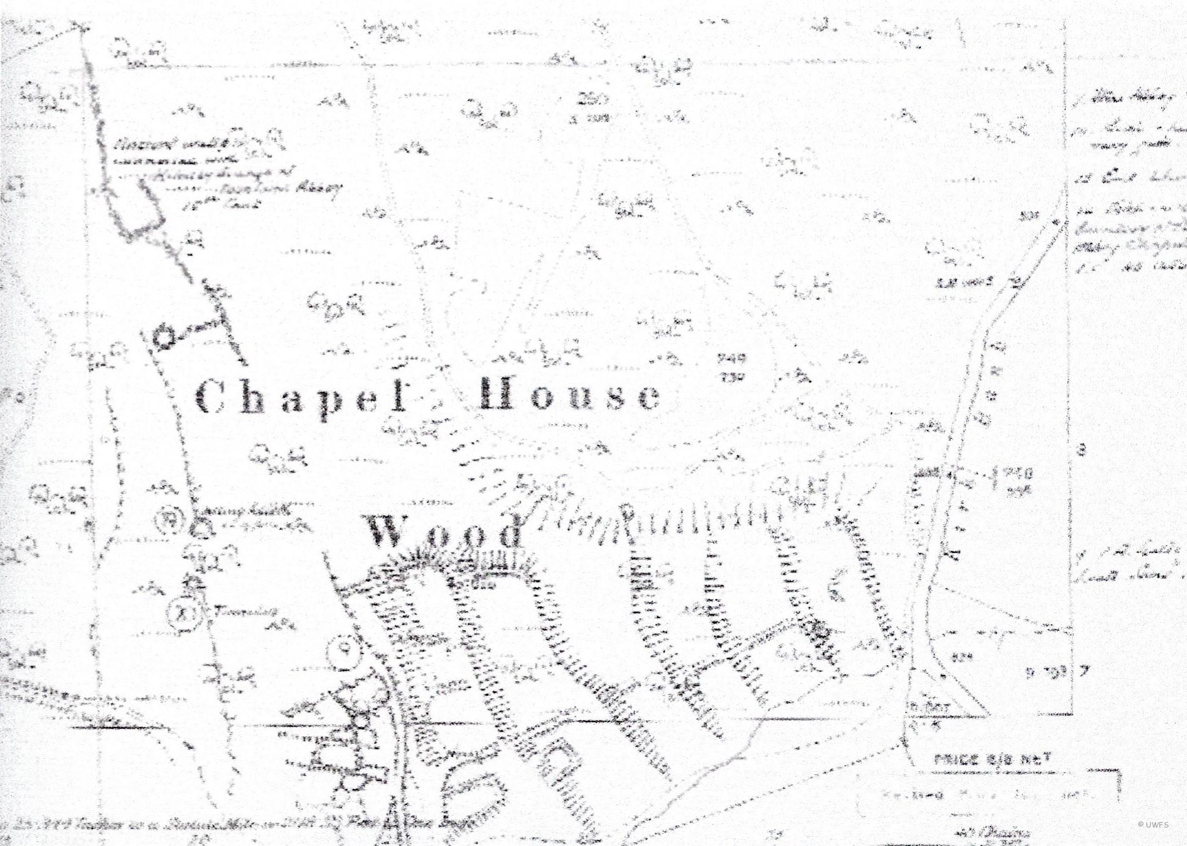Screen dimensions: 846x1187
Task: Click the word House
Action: tap(570, 394)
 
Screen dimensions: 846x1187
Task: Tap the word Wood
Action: tap(445, 532)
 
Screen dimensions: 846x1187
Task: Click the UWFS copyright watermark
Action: tap(1153, 825)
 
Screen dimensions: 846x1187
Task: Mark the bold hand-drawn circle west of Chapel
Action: tap(164, 337)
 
